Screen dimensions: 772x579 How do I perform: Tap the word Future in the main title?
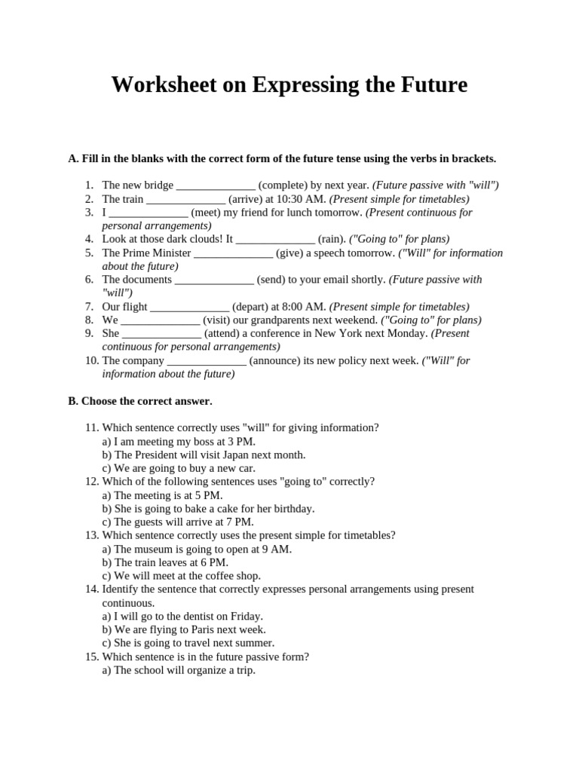coord(430,85)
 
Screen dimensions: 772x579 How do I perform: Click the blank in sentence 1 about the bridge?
coord(216,185)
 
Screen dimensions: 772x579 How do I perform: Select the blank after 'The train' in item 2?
coord(185,199)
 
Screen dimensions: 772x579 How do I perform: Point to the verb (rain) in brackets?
coord(332,239)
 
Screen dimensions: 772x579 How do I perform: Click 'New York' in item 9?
coord(367,333)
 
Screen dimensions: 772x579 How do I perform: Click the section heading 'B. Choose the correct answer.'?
coord(140,400)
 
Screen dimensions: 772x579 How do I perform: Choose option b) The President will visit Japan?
coord(204,455)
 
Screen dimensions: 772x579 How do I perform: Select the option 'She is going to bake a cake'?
coord(208,509)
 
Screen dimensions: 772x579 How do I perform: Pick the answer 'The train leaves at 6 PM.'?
coord(165,562)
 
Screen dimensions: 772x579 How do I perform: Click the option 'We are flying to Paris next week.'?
coord(184,630)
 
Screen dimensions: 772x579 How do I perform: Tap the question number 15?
coord(92,657)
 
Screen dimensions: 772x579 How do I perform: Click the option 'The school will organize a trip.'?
coord(179,669)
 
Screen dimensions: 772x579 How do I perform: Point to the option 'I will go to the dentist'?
coord(182,616)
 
